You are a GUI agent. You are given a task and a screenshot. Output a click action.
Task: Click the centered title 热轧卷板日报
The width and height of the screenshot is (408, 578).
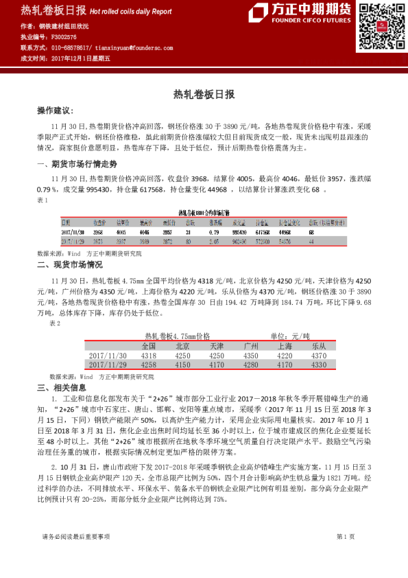pos(204,93)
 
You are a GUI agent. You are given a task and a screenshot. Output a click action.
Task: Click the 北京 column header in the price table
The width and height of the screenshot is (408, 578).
pos(183,346)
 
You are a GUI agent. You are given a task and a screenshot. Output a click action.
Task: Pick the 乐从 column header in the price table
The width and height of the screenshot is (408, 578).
pos(319,346)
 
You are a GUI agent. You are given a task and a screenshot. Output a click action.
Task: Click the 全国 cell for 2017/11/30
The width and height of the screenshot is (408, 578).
pos(149,356)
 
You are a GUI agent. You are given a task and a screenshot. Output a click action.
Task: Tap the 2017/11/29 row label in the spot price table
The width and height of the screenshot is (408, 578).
pos(108,366)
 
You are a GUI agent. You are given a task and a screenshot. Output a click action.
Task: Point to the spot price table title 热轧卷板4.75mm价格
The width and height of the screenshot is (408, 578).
pos(177,336)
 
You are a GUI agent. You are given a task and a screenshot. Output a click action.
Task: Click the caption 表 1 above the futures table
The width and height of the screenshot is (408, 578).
pos(42,200)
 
